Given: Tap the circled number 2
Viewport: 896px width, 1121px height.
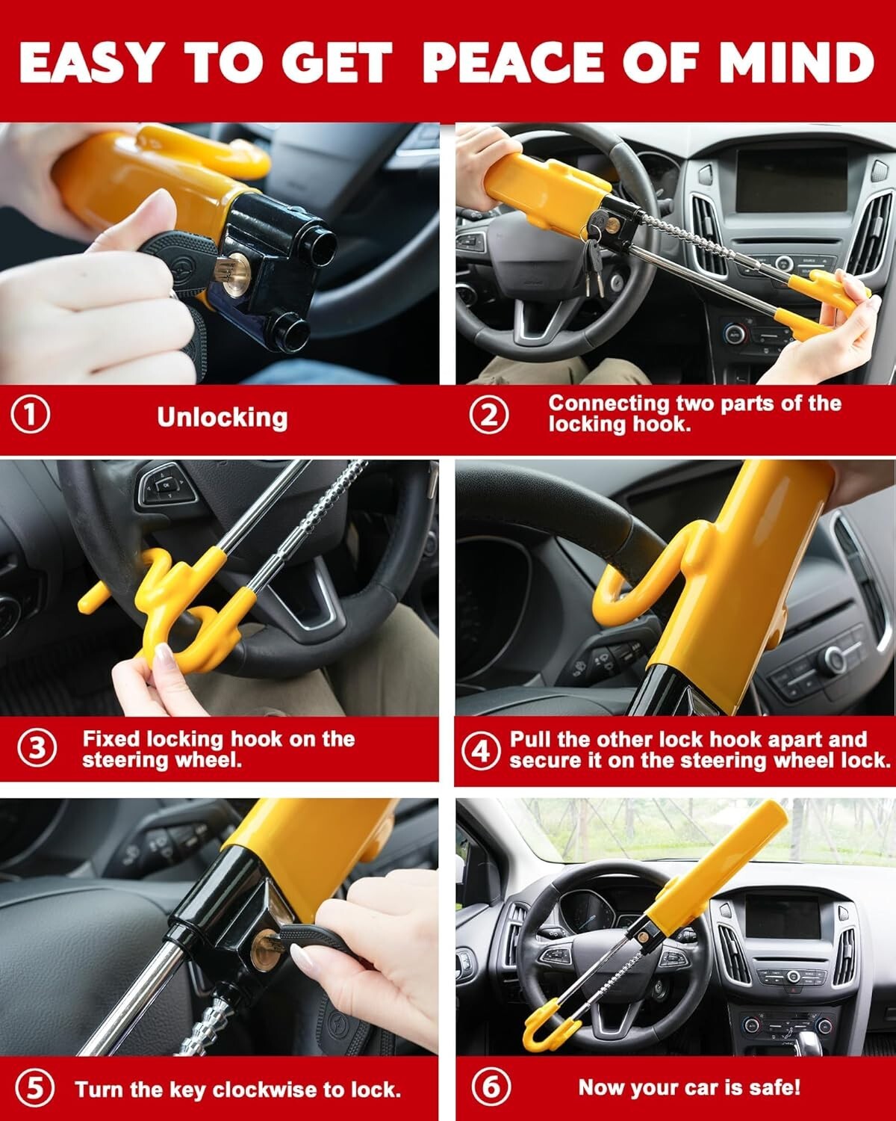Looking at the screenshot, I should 489,414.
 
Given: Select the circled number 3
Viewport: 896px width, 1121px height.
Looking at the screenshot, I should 37,748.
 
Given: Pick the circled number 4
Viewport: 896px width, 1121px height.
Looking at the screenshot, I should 479,750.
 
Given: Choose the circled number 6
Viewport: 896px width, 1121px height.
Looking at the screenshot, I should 491,1086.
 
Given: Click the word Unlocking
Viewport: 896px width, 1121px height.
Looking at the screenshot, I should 222,417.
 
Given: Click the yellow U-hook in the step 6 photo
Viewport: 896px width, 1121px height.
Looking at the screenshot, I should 545,1030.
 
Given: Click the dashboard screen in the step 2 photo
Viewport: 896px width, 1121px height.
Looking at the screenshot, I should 791,180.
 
